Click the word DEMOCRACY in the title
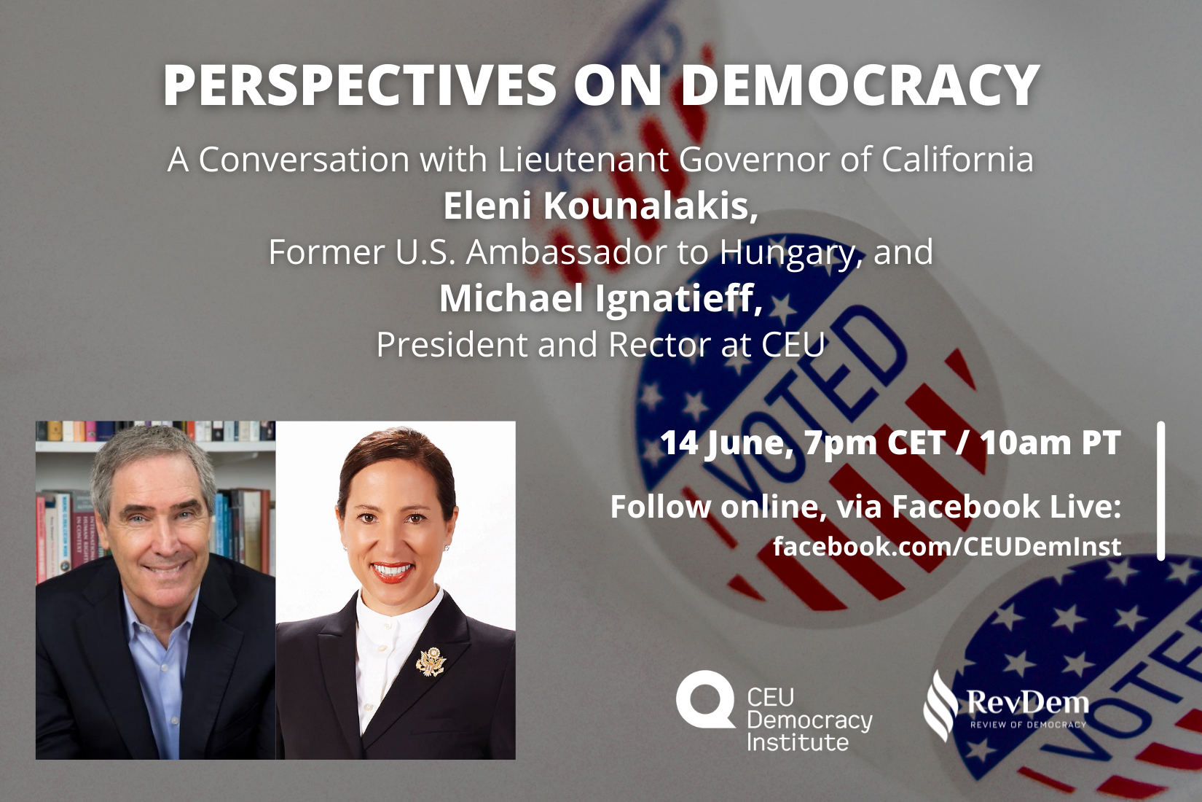[x=860, y=85]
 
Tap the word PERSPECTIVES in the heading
[x=360, y=85]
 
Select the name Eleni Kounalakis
[x=601, y=206]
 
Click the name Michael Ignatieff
[x=601, y=298]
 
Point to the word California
[x=957, y=160]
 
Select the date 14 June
[x=726, y=443]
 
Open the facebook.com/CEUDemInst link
[x=947, y=546]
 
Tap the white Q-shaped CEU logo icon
[x=705, y=699]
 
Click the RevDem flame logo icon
[x=940, y=705]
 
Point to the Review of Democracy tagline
[x=1028, y=725]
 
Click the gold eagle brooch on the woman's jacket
[x=431, y=661]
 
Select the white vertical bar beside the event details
[x=1161, y=491]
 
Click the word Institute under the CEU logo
[x=798, y=741]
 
